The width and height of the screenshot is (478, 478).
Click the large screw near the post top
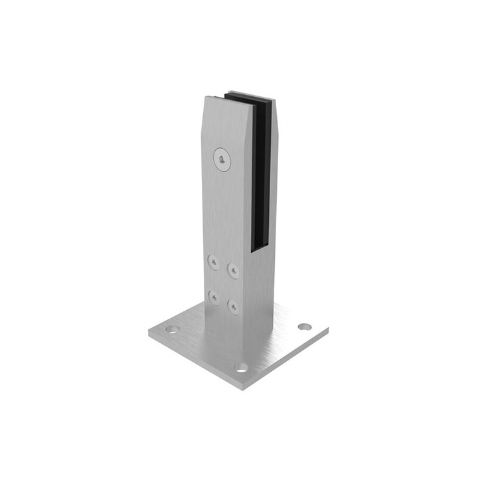[x=222, y=159]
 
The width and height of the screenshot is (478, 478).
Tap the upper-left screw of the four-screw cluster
[x=212, y=263]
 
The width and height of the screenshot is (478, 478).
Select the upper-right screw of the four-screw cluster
[x=233, y=270]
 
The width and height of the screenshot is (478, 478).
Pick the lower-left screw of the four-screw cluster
[x=212, y=297]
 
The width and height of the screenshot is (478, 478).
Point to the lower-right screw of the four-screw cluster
[x=233, y=305]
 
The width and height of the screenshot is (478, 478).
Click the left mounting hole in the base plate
[x=172, y=329]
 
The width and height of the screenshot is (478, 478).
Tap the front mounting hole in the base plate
[x=241, y=366]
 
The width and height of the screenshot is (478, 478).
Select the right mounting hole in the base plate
[x=305, y=326]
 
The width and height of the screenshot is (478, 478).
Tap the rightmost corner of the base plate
[x=329, y=328]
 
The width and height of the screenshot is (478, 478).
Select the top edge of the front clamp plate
[x=214, y=98]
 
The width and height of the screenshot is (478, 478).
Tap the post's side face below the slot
[x=262, y=292]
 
